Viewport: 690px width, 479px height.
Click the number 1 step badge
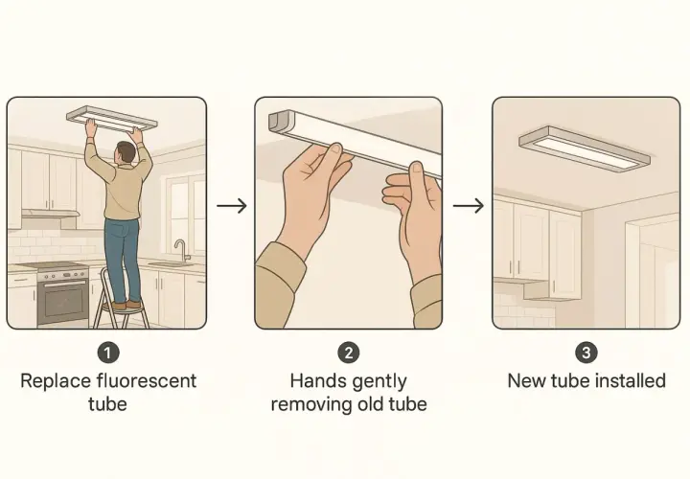pos(108,353)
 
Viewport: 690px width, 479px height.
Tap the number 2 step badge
pos(349,353)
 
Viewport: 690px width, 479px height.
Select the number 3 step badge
pos(586,353)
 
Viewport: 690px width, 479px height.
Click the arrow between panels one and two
pos(232,205)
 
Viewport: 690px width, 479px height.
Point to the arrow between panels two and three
pos(469,205)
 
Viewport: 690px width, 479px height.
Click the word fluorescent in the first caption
pos(147,381)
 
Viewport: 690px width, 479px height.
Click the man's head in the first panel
pos(126,153)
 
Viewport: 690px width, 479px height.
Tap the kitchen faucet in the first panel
pos(180,250)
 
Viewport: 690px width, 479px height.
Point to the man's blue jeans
pos(123,260)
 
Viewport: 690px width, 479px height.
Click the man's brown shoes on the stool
pos(127,305)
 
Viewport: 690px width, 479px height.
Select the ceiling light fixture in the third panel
pos(585,148)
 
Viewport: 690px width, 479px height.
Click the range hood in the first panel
pos(51,214)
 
